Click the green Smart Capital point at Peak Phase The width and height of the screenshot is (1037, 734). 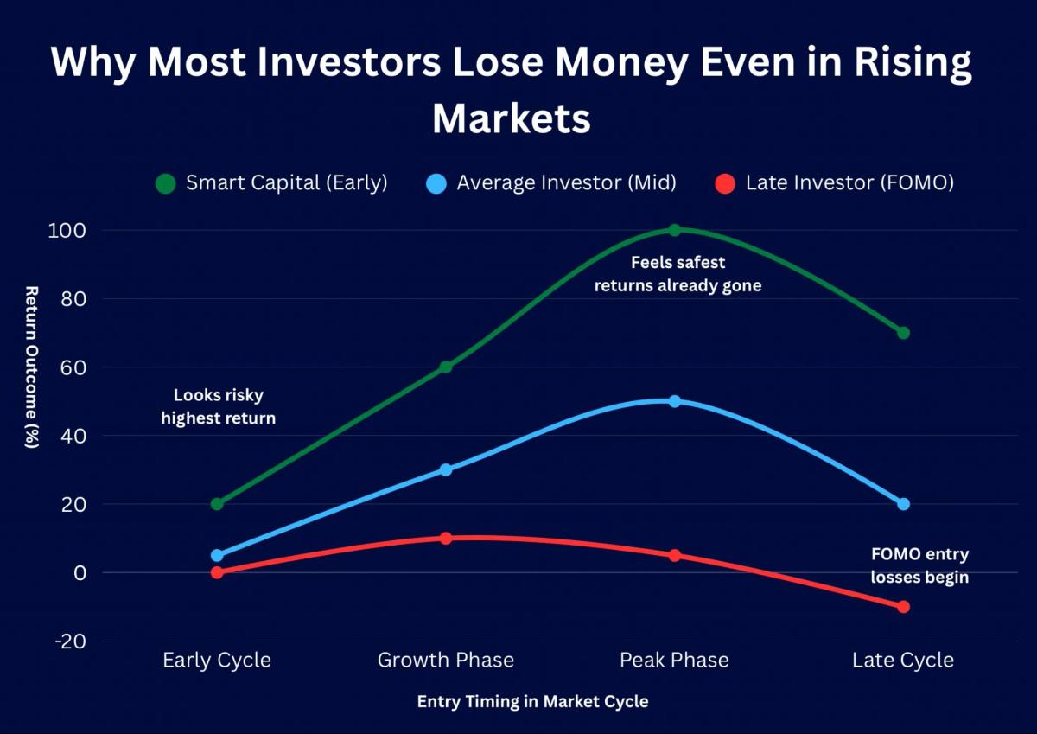[x=674, y=230]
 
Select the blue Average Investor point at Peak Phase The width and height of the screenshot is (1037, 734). [x=674, y=401]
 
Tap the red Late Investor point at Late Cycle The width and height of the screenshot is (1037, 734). [x=903, y=607]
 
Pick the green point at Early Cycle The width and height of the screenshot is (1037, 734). [x=217, y=504]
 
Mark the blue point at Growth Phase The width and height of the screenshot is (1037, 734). [x=446, y=469]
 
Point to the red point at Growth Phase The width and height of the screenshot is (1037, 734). [x=446, y=538]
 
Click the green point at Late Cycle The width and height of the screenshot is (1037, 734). [x=903, y=333]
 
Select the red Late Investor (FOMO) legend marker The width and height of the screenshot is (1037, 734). [x=726, y=183]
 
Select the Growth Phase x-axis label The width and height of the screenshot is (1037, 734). [x=446, y=661]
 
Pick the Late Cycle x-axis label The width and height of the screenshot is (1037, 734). [x=903, y=661]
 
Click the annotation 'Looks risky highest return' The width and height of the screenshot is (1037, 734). [x=219, y=406]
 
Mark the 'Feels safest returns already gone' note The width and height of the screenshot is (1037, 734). [x=678, y=273]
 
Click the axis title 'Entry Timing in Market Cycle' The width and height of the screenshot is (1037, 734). [x=532, y=701]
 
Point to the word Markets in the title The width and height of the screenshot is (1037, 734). [x=512, y=118]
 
